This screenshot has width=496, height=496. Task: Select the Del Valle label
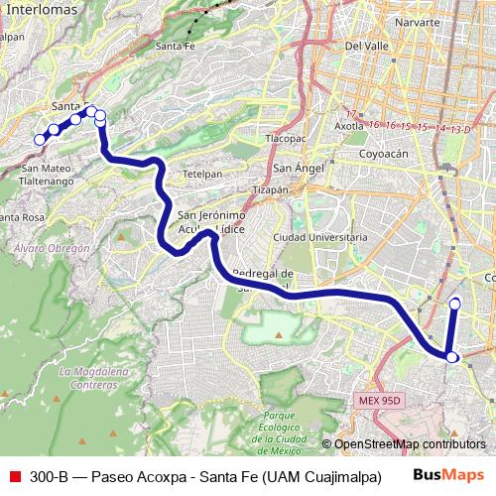[365, 46]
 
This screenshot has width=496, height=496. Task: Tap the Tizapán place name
[270, 188]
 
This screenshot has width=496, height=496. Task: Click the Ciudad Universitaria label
[314, 238]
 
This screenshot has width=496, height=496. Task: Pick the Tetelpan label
[203, 173]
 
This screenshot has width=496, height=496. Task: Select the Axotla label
[349, 126]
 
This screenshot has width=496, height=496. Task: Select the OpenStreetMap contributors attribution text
[409, 444]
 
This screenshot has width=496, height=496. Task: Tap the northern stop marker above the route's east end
[455, 304]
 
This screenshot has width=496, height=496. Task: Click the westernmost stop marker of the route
[40, 140]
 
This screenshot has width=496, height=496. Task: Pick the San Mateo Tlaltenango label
[48, 176]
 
